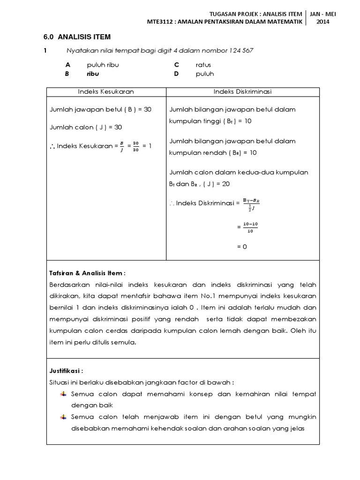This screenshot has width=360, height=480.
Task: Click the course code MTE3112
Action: tap(161, 22)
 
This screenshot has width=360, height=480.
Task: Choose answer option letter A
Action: tap(67, 65)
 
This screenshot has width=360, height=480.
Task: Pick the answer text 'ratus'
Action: tap(203, 65)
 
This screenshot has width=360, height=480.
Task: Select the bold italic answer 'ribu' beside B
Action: tap(93, 74)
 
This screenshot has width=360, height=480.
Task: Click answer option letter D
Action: tap(177, 74)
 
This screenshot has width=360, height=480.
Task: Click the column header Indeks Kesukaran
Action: tap(105, 91)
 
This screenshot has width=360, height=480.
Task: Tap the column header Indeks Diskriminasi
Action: tap(242, 91)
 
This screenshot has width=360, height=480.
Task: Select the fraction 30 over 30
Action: tap(135, 146)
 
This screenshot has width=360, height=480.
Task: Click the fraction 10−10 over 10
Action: tap(251, 227)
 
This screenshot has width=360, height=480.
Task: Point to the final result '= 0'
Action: tap(242, 247)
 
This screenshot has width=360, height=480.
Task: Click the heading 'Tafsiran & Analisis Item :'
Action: tap(87, 273)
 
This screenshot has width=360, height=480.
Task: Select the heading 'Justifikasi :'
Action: tap(66, 370)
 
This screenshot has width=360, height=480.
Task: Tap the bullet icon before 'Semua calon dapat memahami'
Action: tap(63, 394)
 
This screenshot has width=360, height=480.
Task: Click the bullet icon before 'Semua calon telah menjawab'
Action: tap(63, 417)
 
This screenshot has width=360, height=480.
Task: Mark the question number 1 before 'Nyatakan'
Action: tap(45, 51)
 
